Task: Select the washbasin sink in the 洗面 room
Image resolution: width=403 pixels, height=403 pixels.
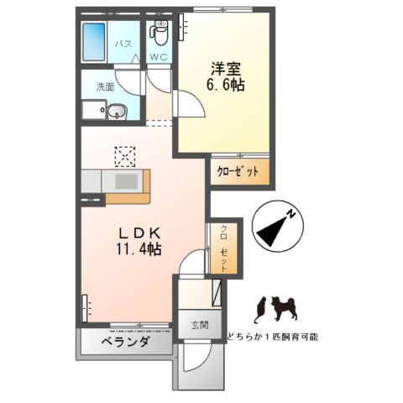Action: click(117, 109)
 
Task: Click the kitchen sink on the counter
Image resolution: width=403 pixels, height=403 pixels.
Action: click(126, 181)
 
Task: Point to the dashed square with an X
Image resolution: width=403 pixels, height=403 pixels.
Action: click(124, 156)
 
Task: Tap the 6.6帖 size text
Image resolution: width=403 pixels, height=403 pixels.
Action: click(226, 86)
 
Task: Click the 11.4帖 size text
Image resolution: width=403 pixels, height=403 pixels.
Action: click(133, 249)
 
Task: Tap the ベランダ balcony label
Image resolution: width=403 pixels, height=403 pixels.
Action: click(125, 343)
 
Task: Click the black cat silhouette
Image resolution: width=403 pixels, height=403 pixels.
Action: click(262, 308)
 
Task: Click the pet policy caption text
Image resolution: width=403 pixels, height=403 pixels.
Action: click(273, 336)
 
